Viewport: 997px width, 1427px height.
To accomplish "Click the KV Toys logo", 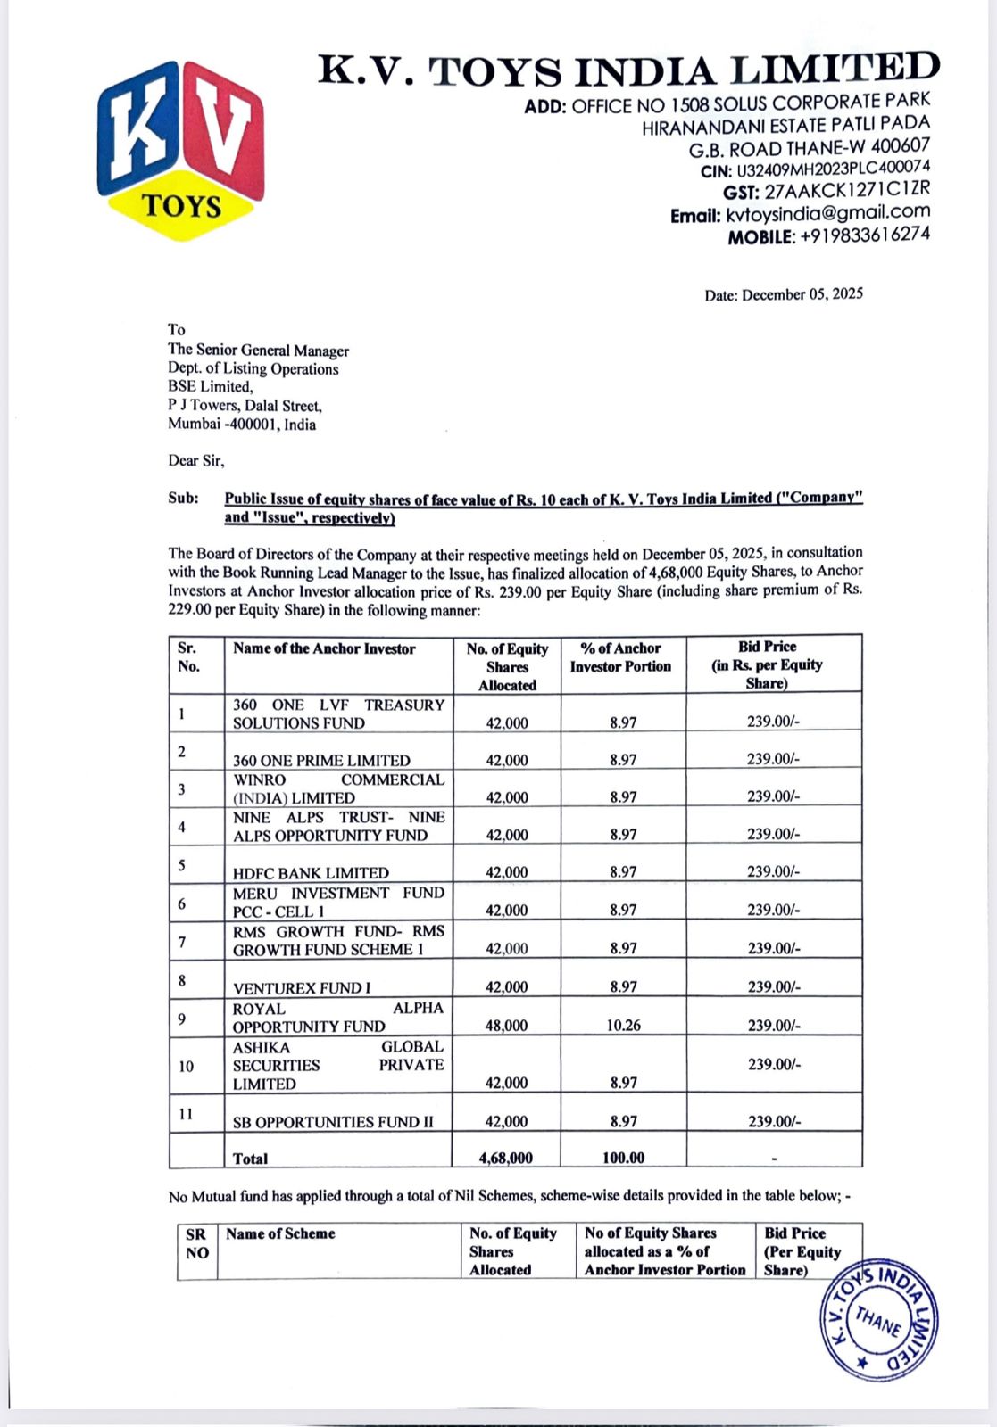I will (x=181, y=149).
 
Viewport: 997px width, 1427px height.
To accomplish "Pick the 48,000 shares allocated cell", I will (x=506, y=1026).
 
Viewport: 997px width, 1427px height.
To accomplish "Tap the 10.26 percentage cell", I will (x=623, y=1026).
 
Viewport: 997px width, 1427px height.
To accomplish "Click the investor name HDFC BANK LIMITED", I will (x=311, y=873).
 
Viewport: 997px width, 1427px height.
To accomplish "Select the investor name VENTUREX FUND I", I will (x=302, y=988).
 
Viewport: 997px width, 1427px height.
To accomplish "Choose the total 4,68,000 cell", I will (x=506, y=1158).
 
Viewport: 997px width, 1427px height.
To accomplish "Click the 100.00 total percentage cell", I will (x=623, y=1158).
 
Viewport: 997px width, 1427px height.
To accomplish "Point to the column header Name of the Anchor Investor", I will (x=324, y=649).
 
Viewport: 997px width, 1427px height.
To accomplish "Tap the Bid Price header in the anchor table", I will (x=768, y=664).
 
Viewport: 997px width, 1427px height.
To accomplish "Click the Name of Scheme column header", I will (x=280, y=1233).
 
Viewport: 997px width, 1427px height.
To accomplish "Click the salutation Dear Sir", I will (x=196, y=461).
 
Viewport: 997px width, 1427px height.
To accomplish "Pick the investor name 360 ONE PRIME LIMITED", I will (x=321, y=761).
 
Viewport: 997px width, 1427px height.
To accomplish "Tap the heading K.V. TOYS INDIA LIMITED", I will (x=628, y=70).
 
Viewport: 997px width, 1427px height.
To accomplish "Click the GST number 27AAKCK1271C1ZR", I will (x=846, y=190).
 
